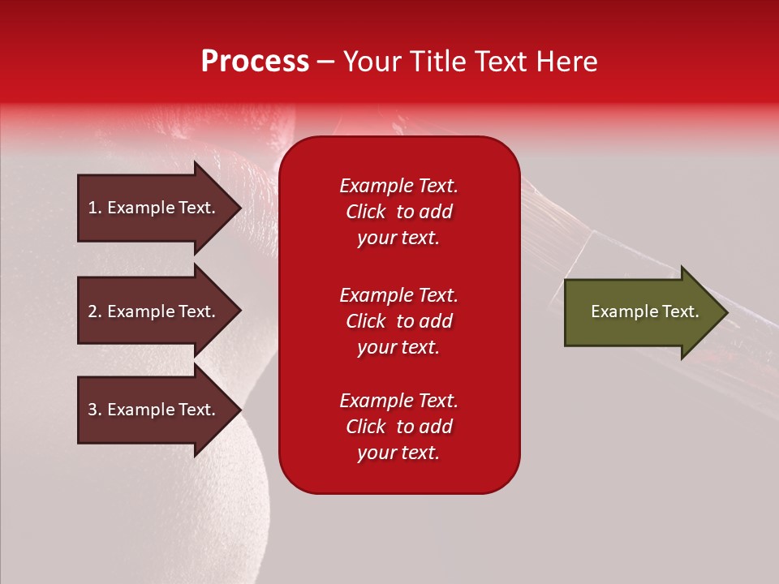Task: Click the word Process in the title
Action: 255,62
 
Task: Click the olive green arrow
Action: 641,311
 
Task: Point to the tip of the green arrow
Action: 725,312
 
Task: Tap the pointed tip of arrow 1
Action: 239,208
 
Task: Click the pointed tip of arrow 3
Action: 239,410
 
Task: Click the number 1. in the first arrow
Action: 95,208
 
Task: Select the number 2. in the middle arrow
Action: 95,311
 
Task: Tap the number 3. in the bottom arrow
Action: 95,410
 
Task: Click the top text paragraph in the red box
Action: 398,212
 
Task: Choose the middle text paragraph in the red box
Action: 398,321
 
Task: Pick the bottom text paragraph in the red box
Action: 398,427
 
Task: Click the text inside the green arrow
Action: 644,311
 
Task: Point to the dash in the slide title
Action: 325,62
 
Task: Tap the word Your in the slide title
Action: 370,62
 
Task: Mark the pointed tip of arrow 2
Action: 239,311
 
